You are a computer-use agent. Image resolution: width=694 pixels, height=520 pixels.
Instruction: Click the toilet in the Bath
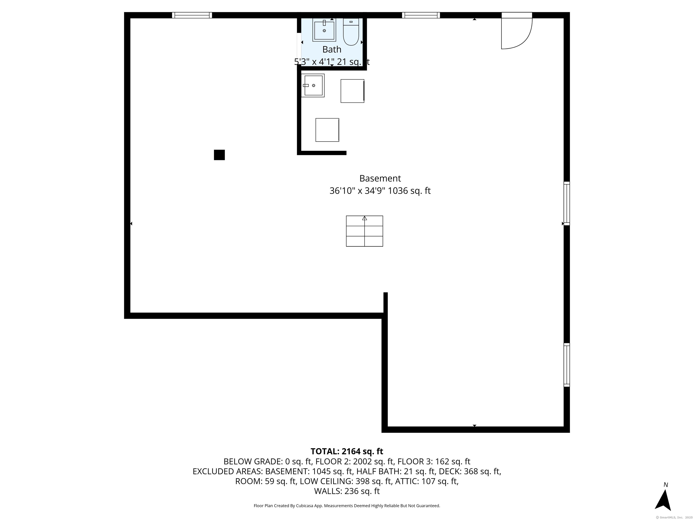(351, 32)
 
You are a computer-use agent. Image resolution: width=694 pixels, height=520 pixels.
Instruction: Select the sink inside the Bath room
(324, 30)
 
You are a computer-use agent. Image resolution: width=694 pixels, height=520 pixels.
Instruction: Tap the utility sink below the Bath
(313, 86)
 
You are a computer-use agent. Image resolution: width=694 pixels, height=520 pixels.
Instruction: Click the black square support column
(219, 155)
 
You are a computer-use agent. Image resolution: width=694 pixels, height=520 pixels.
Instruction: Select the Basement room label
(380, 178)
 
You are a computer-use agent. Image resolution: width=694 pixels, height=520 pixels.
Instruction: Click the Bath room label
(332, 49)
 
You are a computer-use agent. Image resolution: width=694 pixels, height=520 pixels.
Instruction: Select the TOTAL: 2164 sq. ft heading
(347, 451)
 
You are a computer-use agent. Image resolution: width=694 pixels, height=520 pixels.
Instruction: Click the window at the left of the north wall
(192, 15)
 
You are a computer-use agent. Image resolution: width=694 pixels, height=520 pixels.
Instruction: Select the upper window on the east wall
(567, 203)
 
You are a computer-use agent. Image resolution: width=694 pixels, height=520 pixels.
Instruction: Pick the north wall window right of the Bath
(421, 15)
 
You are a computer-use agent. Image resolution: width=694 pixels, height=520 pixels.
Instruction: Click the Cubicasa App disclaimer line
(347, 506)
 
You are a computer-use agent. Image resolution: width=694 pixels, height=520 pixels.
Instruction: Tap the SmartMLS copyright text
(675, 518)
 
